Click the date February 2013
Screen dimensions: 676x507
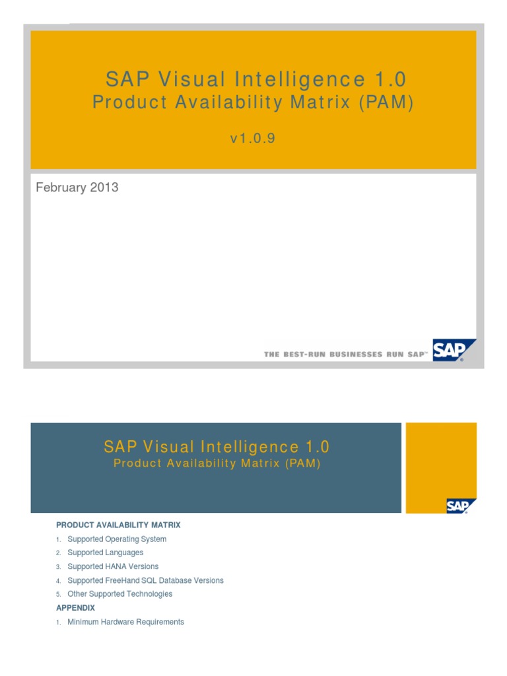click(x=77, y=187)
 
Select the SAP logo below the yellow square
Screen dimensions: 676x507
click(x=461, y=506)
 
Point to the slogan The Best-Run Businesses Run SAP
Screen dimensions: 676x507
click(x=345, y=355)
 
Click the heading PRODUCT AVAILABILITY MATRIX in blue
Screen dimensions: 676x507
click(x=118, y=525)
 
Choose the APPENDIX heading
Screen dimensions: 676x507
click(x=76, y=607)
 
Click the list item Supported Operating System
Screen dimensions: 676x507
click(x=117, y=539)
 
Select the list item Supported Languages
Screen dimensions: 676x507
click(x=105, y=553)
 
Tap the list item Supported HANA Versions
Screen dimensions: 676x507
click(x=113, y=566)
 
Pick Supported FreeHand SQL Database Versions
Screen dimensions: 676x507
click(x=145, y=580)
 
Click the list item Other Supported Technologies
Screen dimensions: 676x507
click(x=119, y=593)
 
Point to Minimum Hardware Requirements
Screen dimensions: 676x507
click(x=125, y=622)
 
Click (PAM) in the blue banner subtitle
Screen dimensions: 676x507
click(x=303, y=463)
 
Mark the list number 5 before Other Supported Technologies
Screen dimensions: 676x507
click(x=58, y=594)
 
